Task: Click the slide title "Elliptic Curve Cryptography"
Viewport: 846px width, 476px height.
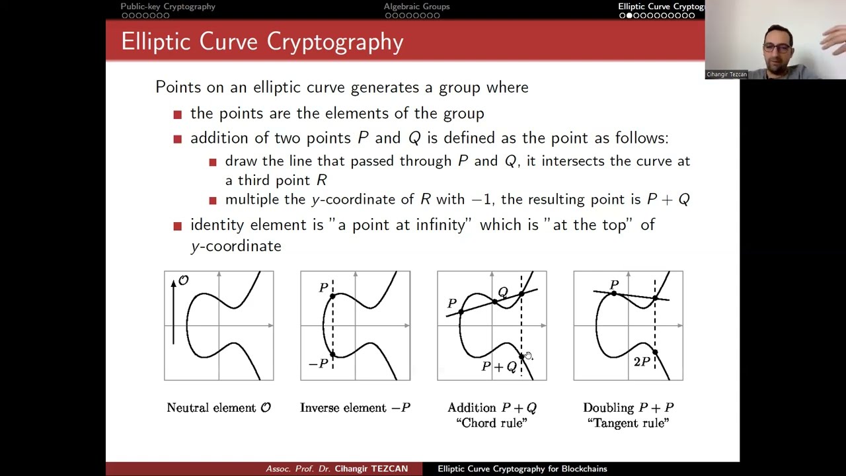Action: tap(262, 42)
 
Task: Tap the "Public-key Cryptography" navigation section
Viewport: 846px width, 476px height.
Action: tap(168, 7)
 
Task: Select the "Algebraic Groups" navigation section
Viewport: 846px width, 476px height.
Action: tap(416, 7)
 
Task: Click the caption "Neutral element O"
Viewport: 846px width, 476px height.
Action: tap(219, 408)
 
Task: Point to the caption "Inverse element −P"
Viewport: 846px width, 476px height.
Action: tap(355, 408)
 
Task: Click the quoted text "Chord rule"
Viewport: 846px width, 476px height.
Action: tap(491, 423)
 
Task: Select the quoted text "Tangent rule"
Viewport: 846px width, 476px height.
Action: tap(628, 423)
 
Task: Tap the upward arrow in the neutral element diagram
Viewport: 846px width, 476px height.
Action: tap(174, 311)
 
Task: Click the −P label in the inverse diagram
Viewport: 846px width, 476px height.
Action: tap(318, 364)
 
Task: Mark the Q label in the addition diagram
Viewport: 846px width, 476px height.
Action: tap(503, 292)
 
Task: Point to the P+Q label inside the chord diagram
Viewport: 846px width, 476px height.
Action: tap(499, 367)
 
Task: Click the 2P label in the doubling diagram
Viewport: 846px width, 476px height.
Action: tap(642, 362)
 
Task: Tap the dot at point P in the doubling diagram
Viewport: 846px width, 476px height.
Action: tap(614, 293)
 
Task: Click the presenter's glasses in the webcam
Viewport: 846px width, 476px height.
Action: tap(777, 47)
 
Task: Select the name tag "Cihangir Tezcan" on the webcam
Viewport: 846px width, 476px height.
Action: tap(726, 75)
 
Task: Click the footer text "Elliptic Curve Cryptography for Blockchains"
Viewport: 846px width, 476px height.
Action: tap(522, 469)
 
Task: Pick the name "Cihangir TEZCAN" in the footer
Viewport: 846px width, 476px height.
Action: tap(371, 469)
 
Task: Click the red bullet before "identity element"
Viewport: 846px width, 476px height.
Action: tap(177, 226)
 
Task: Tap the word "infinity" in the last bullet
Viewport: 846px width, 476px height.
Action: tap(440, 225)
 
